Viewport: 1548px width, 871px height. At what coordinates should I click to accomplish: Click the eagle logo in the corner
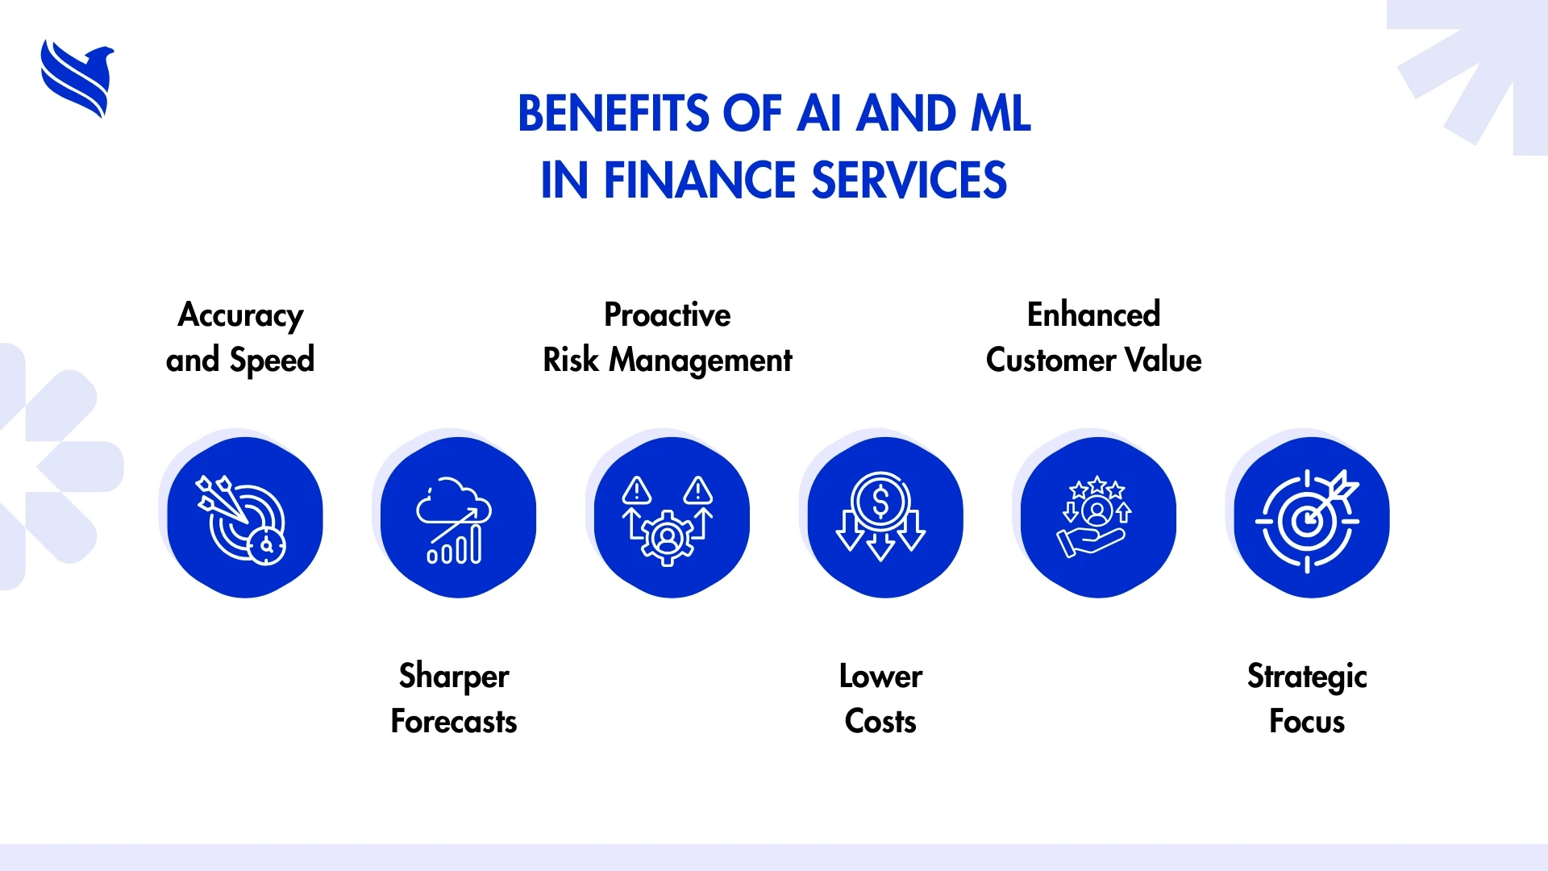(x=77, y=79)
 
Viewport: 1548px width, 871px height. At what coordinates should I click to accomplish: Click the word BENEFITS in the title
(x=614, y=114)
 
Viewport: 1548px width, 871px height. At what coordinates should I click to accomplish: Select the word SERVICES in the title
(x=909, y=180)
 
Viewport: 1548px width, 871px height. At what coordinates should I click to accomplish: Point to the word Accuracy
(x=240, y=316)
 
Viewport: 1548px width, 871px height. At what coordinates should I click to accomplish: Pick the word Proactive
(x=668, y=315)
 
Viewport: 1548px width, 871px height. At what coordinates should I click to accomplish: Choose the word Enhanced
(x=1093, y=315)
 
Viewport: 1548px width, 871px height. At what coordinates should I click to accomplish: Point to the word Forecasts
(x=454, y=721)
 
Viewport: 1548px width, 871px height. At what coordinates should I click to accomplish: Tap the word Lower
(x=880, y=676)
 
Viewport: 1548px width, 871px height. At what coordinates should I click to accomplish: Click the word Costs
(x=880, y=721)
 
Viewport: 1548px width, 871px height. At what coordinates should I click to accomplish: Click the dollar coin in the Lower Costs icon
(x=880, y=502)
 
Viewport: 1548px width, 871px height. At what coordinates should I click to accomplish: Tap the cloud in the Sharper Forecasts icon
(x=454, y=502)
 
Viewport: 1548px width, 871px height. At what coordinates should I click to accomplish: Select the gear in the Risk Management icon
(x=667, y=536)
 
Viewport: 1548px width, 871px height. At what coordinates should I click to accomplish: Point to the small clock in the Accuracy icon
(x=267, y=546)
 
